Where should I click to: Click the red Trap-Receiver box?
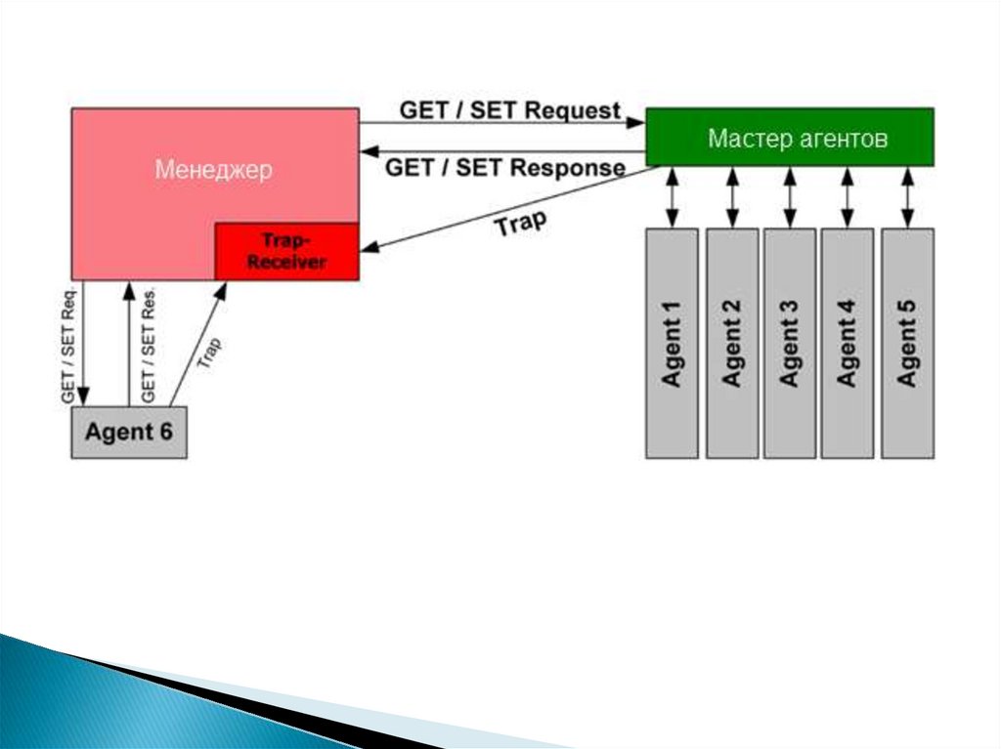(286, 251)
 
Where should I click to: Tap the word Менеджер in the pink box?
(213, 169)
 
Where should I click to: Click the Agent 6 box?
(128, 432)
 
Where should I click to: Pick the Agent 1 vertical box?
(672, 343)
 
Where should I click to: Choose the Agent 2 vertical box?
(731, 343)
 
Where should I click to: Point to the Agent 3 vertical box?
(789, 343)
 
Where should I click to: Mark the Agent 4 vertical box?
(848, 343)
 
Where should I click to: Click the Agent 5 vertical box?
(907, 343)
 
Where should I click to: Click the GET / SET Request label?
(509, 109)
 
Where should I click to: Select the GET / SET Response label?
(505, 167)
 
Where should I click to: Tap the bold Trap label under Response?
(519, 225)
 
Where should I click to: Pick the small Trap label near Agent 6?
(209, 353)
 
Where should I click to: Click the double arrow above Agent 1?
(672, 197)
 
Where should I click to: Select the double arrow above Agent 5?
(907, 197)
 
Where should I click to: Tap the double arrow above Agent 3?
(789, 197)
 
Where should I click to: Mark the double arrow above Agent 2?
(731, 197)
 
